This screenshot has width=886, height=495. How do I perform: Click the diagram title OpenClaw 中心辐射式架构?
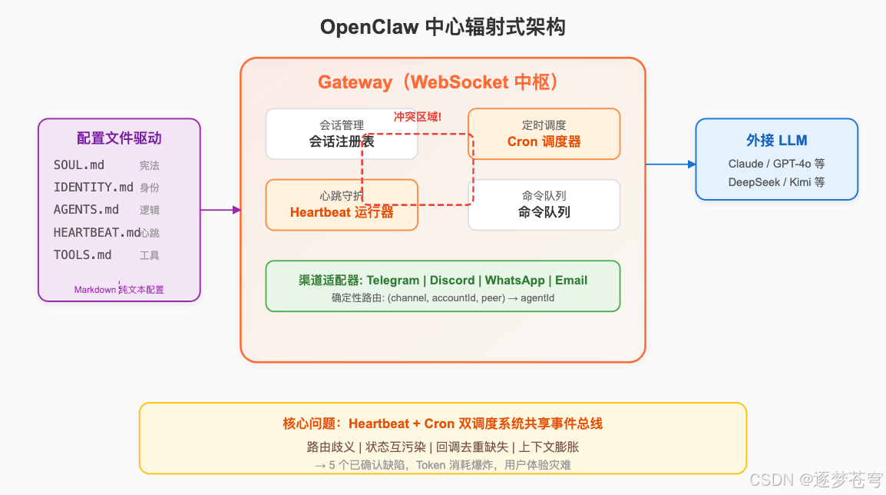[442, 28]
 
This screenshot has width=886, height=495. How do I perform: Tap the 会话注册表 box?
[342, 134]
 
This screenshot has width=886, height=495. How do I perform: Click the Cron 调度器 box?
[544, 134]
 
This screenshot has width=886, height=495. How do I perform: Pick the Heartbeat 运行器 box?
[342, 205]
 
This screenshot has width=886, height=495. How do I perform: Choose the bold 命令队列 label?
[544, 212]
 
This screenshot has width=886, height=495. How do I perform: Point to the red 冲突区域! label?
[418, 117]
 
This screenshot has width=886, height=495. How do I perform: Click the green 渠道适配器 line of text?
[442, 280]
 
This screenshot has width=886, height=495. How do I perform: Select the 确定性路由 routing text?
[442, 298]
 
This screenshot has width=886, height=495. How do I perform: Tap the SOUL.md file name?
[79, 165]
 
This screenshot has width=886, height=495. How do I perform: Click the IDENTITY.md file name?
[93, 188]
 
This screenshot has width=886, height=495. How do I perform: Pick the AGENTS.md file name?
[86, 210]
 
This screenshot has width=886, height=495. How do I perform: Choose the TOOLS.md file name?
[82, 255]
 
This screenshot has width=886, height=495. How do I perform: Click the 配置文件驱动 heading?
[119, 138]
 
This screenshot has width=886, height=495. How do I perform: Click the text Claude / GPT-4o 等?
[776, 164]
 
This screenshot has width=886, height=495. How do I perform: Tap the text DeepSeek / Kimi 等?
[776, 182]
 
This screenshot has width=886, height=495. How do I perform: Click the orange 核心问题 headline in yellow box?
[442, 424]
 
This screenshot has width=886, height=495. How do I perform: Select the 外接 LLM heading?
[776, 141]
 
